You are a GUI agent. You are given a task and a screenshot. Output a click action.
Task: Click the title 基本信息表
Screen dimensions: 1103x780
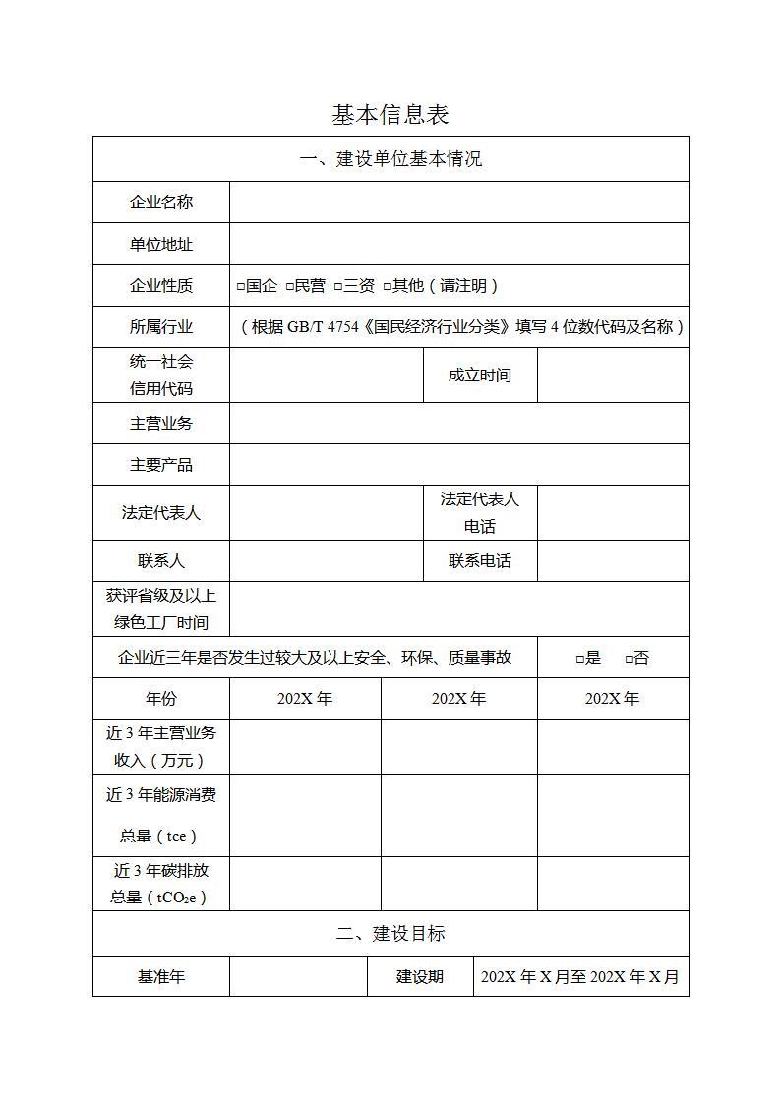(x=390, y=115)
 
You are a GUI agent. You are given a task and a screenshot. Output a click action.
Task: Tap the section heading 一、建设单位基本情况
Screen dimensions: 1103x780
(x=390, y=159)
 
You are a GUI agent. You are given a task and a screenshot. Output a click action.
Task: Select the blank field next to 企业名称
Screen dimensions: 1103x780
(x=458, y=203)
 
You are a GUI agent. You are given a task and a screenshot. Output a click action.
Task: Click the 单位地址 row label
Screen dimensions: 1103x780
(x=161, y=244)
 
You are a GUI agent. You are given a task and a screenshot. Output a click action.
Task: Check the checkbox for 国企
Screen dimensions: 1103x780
(x=241, y=287)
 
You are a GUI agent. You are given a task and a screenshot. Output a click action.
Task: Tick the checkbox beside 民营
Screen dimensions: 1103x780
(x=290, y=287)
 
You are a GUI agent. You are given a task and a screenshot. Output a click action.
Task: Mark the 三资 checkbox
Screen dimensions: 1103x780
(x=338, y=287)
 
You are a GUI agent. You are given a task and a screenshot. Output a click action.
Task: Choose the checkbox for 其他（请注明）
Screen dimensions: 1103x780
(x=388, y=287)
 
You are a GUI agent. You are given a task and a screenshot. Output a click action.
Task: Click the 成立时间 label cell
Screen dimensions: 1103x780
(x=480, y=376)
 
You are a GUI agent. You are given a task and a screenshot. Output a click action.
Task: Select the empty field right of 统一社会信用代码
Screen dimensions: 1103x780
(x=327, y=376)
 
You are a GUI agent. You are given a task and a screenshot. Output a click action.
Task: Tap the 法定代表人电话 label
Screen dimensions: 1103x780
(x=480, y=512)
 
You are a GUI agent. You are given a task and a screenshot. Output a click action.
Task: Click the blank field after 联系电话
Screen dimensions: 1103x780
(x=613, y=561)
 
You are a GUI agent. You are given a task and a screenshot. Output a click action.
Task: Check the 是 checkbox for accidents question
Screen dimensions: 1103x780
(x=581, y=659)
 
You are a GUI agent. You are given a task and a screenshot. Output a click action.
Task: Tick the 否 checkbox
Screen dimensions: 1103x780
(x=630, y=659)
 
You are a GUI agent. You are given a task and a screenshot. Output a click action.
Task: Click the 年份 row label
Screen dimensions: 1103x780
(x=161, y=699)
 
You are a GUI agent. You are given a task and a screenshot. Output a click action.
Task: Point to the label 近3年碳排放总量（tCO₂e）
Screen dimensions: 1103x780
(x=161, y=884)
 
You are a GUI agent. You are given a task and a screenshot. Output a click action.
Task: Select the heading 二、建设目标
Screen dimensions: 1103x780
(x=390, y=934)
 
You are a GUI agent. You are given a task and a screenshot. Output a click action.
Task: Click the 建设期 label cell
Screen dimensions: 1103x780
(x=420, y=977)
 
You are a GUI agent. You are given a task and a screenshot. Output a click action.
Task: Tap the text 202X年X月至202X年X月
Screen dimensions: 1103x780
(x=580, y=977)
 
